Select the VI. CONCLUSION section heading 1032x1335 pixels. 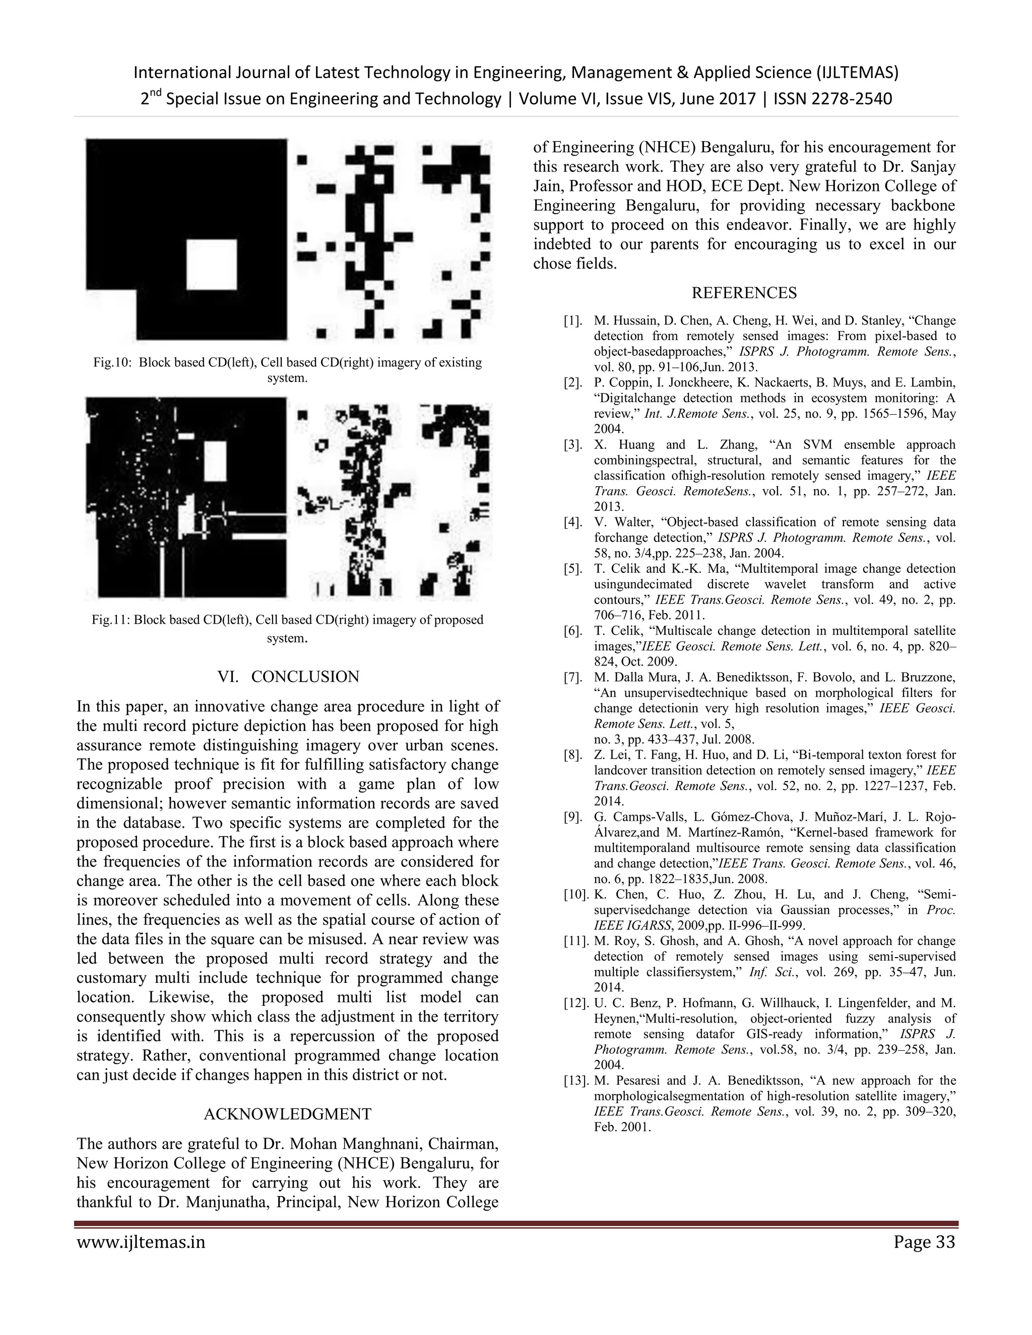(x=288, y=677)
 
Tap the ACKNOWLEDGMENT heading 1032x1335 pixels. (x=287, y=1114)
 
